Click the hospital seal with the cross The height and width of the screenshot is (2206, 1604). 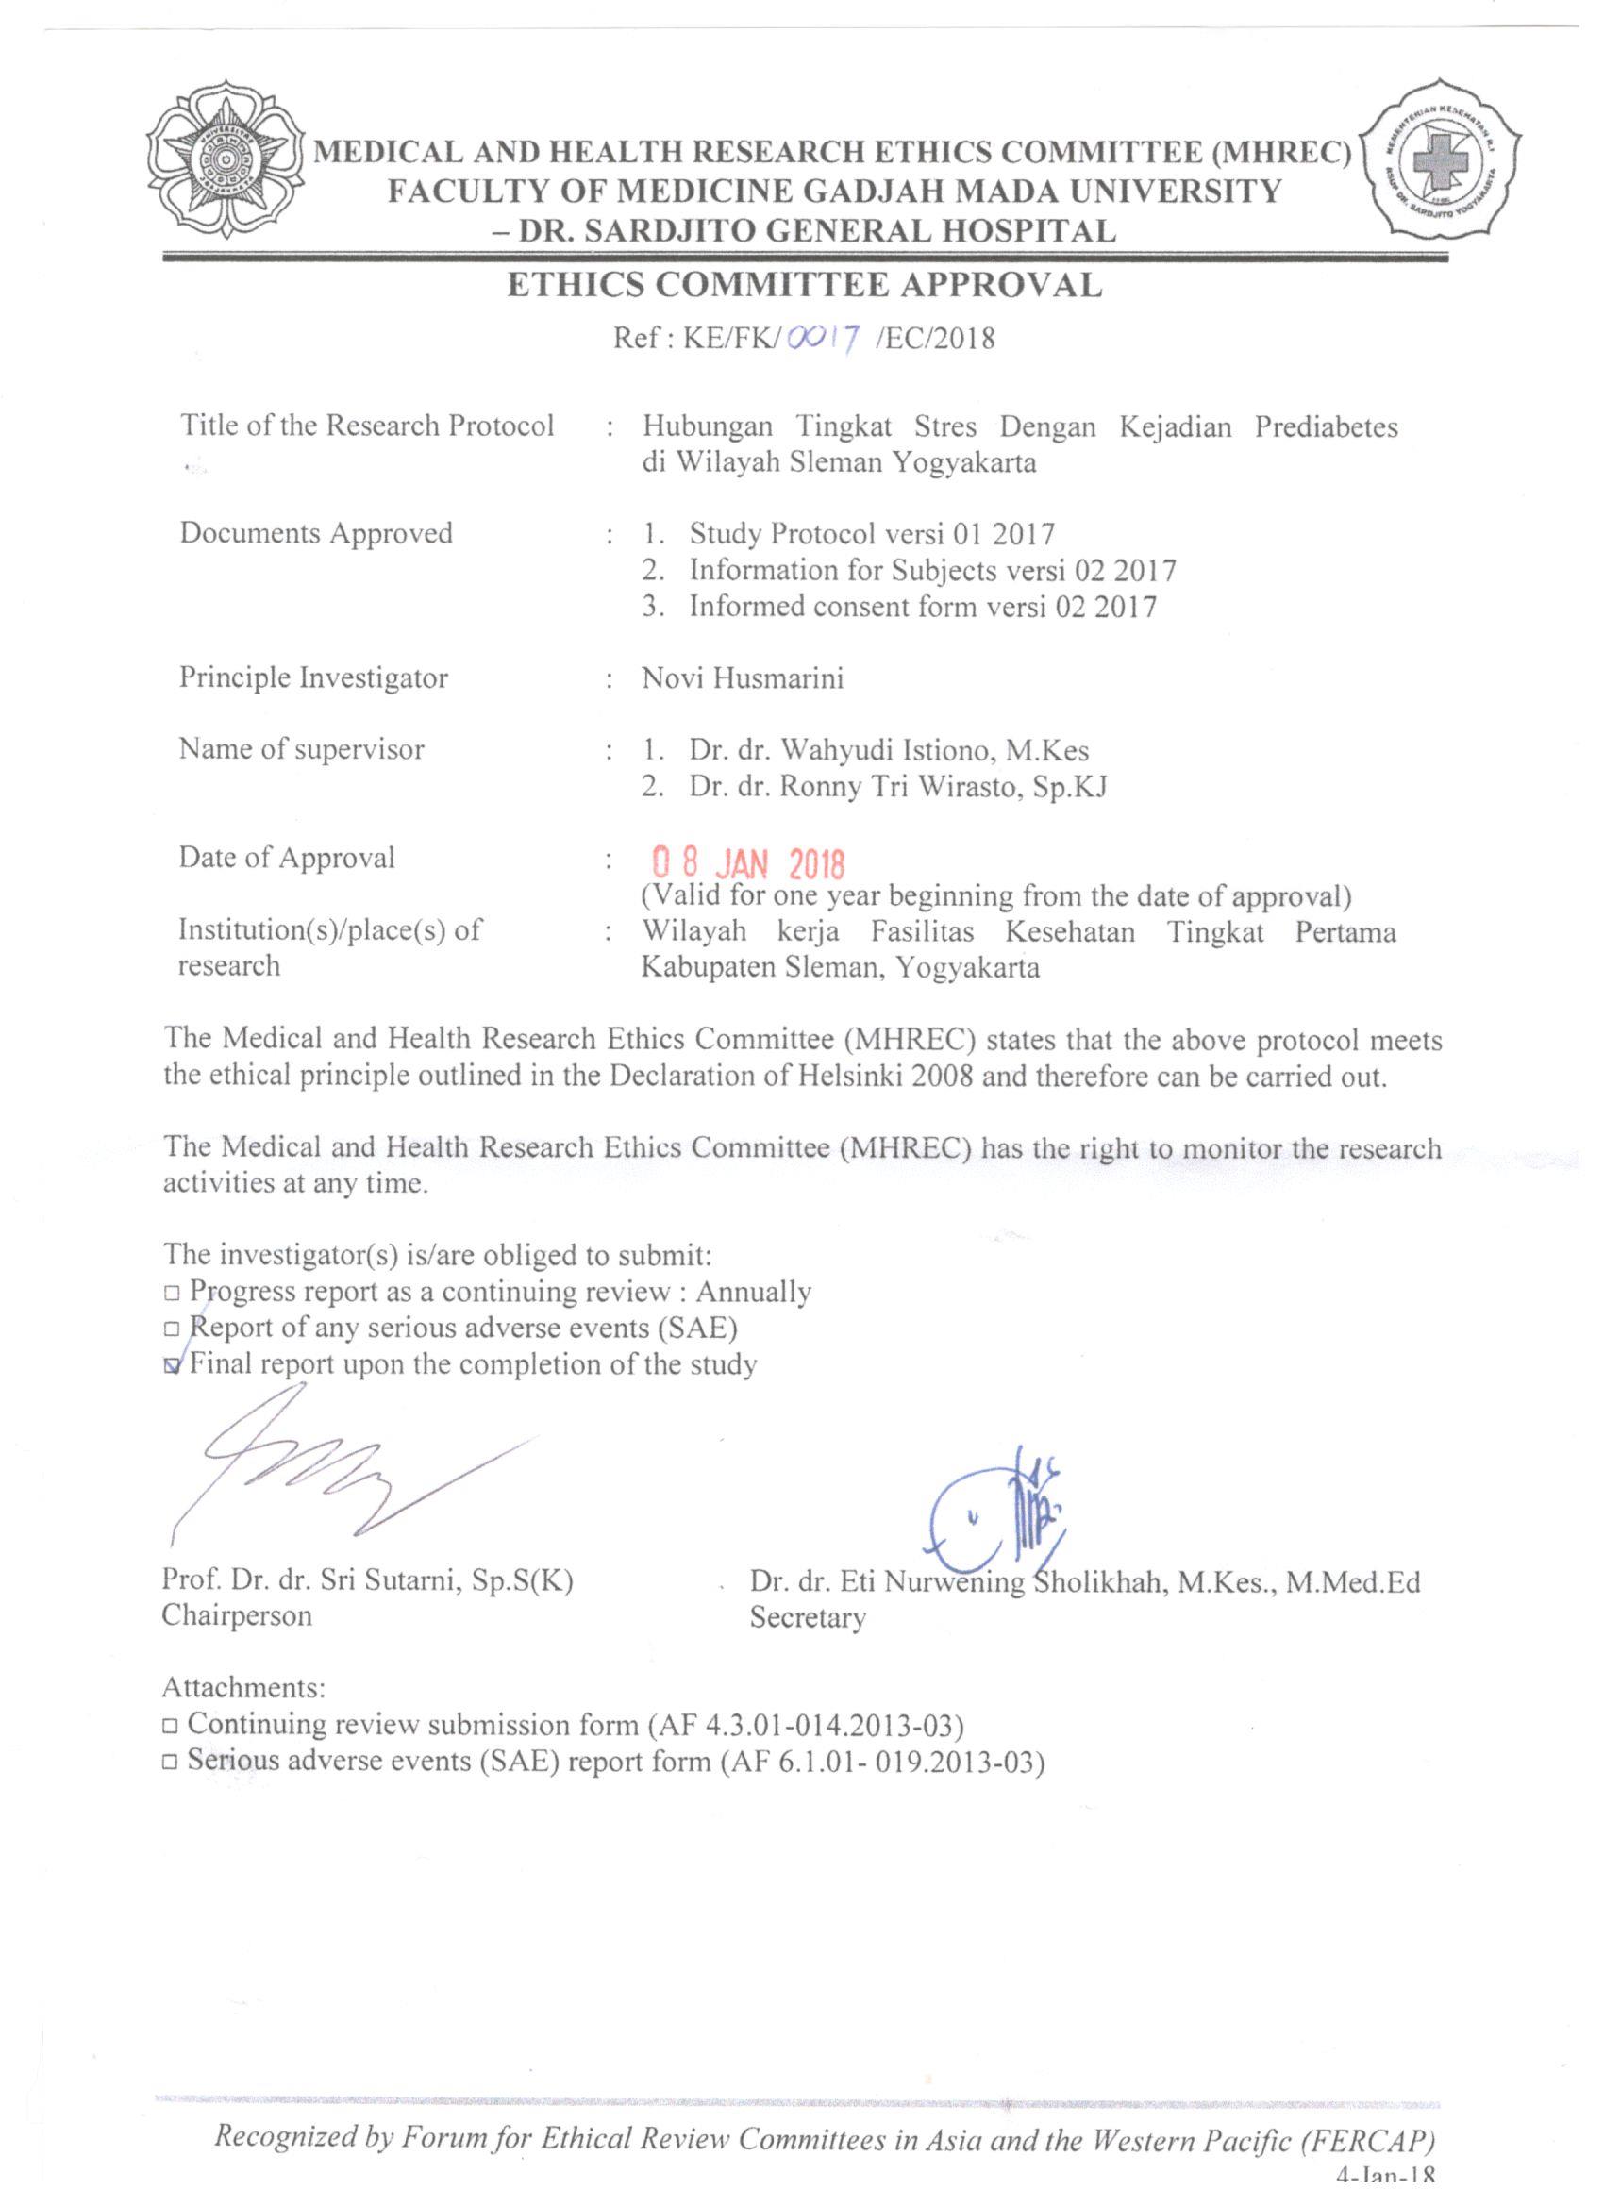click(x=1443, y=159)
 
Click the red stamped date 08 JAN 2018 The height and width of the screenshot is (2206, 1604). click(x=747, y=861)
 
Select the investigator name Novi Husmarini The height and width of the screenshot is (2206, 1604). click(x=743, y=678)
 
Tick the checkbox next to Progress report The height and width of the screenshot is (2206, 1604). click(x=172, y=1294)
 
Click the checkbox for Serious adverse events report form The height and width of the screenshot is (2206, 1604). click(x=171, y=1763)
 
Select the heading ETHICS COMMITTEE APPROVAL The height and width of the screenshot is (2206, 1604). click(x=805, y=285)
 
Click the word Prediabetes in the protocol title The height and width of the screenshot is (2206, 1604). click(x=1326, y=427)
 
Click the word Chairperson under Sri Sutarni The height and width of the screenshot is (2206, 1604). click(x=237, y=1615)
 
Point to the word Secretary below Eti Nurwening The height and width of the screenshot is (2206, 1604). click(x=807, y=1618)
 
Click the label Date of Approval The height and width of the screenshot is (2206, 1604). click(x=286, y=858)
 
